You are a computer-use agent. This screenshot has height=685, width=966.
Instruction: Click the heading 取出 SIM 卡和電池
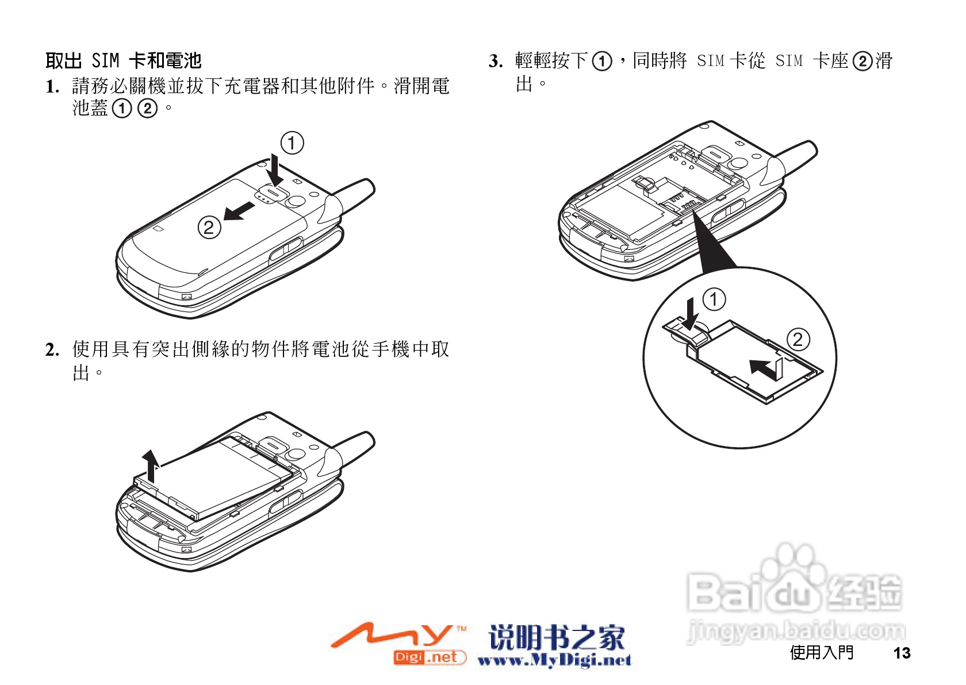pos(123,60)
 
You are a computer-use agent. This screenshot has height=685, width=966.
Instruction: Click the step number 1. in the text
pos(52,87)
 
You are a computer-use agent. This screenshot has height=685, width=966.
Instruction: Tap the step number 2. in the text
pos(52,349)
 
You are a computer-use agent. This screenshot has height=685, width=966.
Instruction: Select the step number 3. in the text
pos(496,61)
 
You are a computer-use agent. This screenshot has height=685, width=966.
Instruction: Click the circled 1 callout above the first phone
pos(292,143)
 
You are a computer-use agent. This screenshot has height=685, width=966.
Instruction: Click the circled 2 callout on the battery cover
pos(209,228)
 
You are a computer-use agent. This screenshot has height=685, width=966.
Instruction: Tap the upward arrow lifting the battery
pos(151,466)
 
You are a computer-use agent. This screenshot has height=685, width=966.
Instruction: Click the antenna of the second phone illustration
pos(354,444)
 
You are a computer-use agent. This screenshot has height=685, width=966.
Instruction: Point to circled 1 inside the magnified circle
pos(714,299)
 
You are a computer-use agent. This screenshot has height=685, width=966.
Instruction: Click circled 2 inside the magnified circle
pos(798,339)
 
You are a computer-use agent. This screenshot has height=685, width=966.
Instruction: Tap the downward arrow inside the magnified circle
pos(691,313)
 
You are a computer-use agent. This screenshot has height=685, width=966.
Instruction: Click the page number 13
pos(902,653)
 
